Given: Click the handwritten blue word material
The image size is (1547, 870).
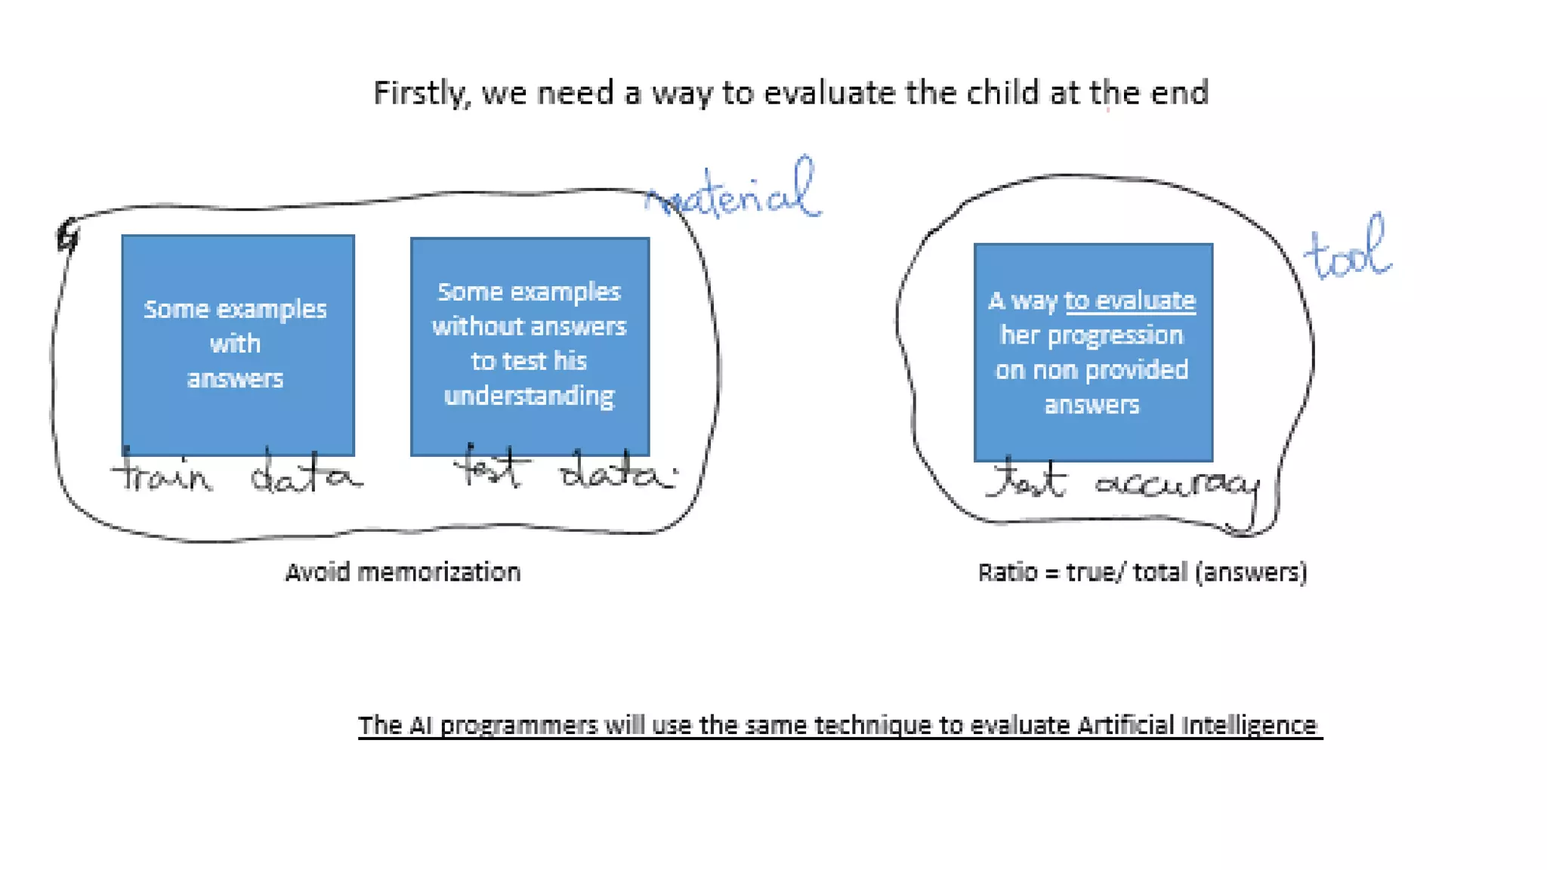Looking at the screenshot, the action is (x=733, y=193).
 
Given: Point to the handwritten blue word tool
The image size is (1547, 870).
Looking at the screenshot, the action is (x=1348, y=252).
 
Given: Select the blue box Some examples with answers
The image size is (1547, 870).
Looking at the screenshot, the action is (x=237, y=344).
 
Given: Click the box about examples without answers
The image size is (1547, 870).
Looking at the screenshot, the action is (x=530, y=346).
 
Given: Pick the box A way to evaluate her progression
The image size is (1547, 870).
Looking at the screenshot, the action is (x=1092, y=352).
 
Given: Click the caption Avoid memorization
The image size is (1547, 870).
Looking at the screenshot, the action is (x=403, y=572).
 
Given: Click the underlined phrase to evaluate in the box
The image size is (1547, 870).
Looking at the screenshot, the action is (x=1129, y=301).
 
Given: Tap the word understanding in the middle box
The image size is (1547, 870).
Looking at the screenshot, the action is (x=529, y=396).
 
